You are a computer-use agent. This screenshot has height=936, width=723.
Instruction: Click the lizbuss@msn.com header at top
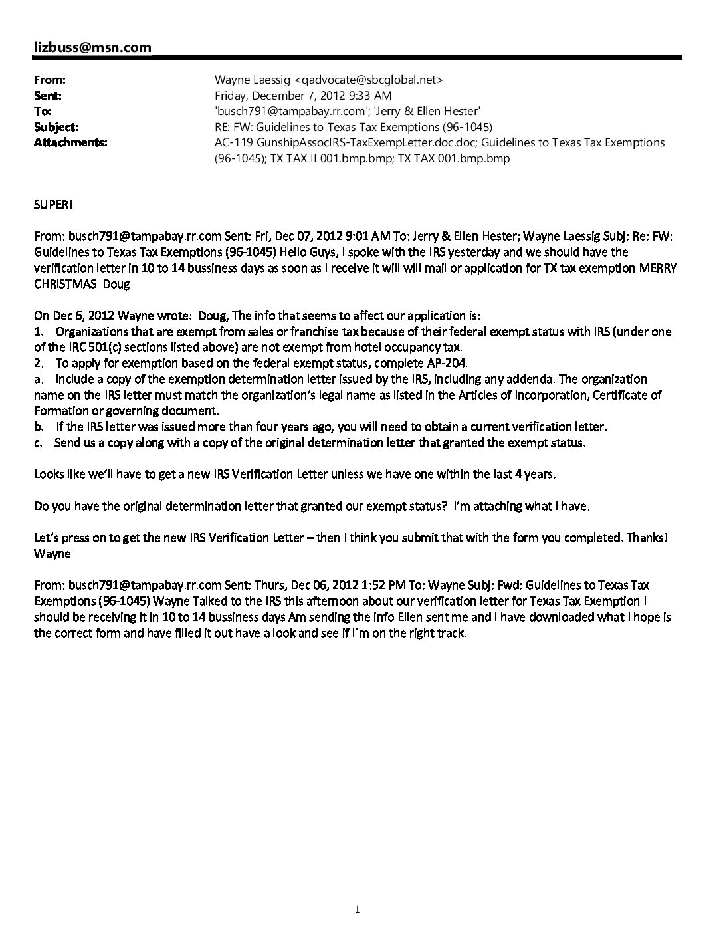(x=92, y=47)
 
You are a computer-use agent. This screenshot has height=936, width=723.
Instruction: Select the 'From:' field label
(x=49, y=79)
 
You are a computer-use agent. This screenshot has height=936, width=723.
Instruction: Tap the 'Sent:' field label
(x=48, y=95)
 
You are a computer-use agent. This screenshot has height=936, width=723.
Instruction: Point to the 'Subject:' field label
(x=56, y=126)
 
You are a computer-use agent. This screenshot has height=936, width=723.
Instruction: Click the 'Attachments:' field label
(x=70, y=142)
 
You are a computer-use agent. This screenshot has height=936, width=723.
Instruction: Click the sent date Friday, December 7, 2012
(x=289, y=96)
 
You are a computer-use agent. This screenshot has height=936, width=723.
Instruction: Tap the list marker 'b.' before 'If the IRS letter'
(x=39, y=427)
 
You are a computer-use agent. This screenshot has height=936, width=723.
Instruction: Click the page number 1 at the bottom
(x=358, y=910)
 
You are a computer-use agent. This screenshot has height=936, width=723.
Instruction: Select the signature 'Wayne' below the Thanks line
(x=52, y=554)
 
